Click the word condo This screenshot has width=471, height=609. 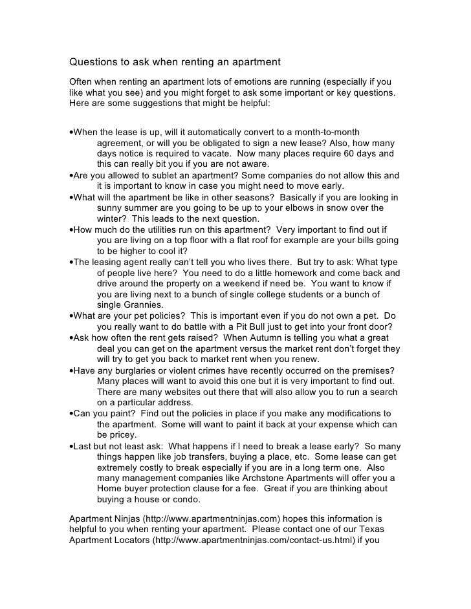pyautogui.click(x=187, y=500)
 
